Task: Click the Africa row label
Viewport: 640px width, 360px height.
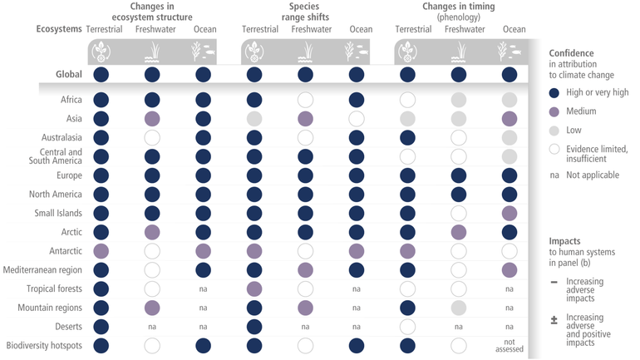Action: pyautogui.click(x=71, y=100)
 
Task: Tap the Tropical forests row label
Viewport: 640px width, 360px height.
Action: pyautogui.click(x=54, y=288)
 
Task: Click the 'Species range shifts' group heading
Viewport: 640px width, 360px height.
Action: pyautogui.click(x=305, y=12)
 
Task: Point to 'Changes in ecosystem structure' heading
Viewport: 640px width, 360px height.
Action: pyautogui.click(x=151, y=12)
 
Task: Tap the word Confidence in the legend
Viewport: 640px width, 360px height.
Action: pyautogui.click(x=572, y=52)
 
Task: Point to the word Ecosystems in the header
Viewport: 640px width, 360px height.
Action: pyautogui.click(x=59, y=29)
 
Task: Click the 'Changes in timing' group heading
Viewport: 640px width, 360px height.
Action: pyautogui.click(x=459, y=12)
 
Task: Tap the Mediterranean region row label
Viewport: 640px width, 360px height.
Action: pyautogui.click(x=43, y=269)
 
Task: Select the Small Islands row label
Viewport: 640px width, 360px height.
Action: pyautogui.click(x=58, y=213)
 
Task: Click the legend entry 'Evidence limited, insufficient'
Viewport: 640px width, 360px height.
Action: pyautogui.click(x=593, y=153)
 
